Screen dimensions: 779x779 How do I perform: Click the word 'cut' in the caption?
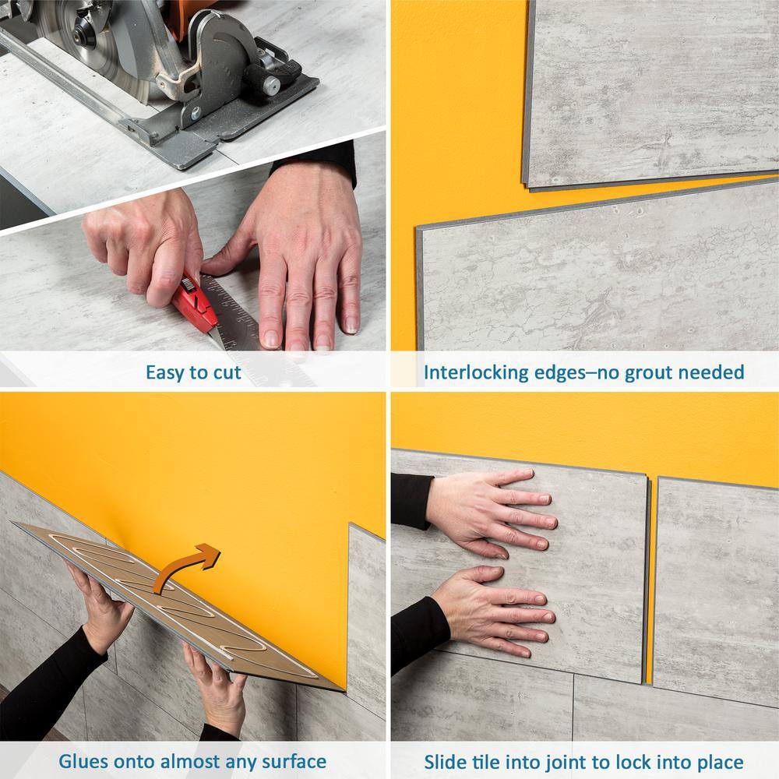pos(226,372)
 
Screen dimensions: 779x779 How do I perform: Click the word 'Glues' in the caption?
pos(85,760)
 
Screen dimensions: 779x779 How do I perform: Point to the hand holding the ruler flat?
pos(308,257)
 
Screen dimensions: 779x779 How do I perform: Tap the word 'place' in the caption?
pos(717,760)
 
